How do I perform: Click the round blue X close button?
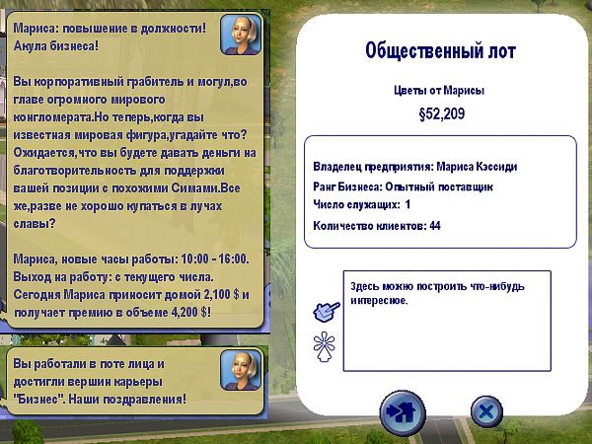pyautogui.click(x=486, y=411)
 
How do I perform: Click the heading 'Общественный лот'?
pyautogui.click(x=440, y=51)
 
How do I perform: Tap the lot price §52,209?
pyautogui.click(x=442, y=114)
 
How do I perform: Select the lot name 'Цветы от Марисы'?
pyautogui.click(x=439, y=91)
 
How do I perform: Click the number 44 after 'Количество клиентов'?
pyautogui.click(x=435, y=226)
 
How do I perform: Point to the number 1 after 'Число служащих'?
pyautogui.click(x=407, y=204)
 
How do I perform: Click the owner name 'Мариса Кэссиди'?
pyautogui.click(x=477, y=167)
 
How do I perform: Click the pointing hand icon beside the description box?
pyautogui.click(x=327, y=312)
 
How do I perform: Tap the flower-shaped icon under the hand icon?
pyautogui.click(x=324, y=346)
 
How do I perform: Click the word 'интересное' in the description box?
pyautogui.click(x=379, y=301)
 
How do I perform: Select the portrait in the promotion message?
pyautogui.click(x=241, y=35)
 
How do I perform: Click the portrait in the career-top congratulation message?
pyautogui.click(x=241, y=370)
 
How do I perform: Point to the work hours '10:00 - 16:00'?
pyautogui.click(x=214, y=259)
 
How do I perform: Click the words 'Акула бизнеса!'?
pyautogui.click(x=56, y=46)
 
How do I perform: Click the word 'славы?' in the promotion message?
pyautogui.click(x=35, y=224)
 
